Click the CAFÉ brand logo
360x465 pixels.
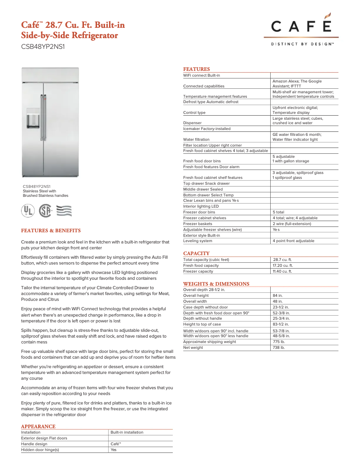tap(301, 26)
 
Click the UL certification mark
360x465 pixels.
tap(28, 210)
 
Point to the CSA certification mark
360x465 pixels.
tap(45, 210)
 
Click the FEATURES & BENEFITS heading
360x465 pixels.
tap(51, 230)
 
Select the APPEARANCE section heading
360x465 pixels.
tap(38, 426)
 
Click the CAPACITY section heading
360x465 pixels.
tap(196, 253)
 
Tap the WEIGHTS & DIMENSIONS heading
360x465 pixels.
tap(216, 284)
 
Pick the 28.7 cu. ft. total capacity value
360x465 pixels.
tap(283, 260)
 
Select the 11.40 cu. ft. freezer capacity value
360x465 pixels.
tap(283, 271)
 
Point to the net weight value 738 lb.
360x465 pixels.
tap(279, 348)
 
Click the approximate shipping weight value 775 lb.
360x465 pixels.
tap(279, 342)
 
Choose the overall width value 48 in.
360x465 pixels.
tap(277, 301)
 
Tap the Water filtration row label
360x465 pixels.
tap(196, 139)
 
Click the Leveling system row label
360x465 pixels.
tap(198, 241)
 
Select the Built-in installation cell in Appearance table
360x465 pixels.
tap(127, 432)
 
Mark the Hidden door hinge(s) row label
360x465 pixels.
tap(40, 449)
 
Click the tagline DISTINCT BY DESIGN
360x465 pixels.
tap(301, 44)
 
